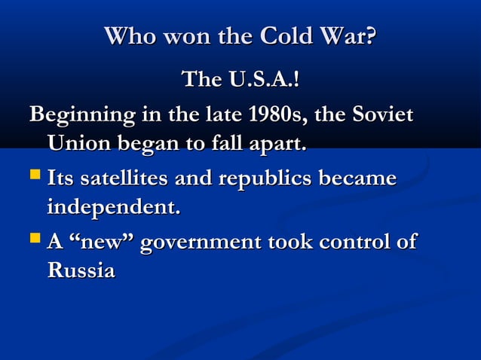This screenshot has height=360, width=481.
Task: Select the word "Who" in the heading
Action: (129, 35)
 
